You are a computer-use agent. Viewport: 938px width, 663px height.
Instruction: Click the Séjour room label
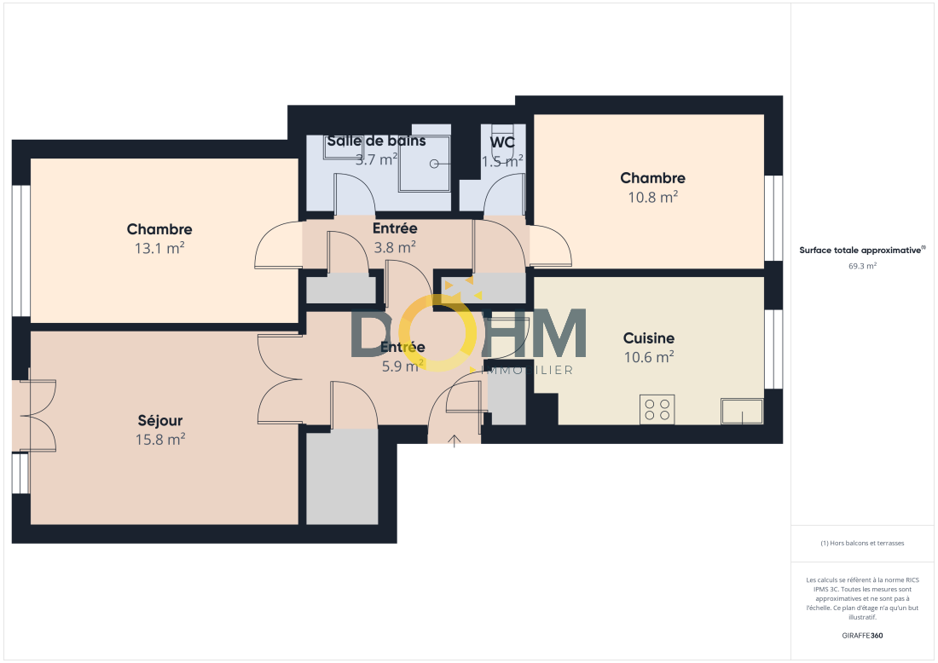159,421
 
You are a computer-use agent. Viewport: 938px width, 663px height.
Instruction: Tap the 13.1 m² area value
159,248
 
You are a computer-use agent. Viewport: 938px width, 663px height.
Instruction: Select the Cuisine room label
649,338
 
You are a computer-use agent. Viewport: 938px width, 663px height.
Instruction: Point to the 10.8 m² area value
652,197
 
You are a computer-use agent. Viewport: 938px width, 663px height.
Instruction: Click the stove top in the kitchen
657,410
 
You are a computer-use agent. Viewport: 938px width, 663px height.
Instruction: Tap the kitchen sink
742,412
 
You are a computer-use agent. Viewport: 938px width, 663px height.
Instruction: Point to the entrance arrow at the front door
455,441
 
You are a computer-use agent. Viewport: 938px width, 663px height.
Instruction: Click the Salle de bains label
376,141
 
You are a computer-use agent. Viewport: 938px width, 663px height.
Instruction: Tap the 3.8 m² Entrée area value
395,247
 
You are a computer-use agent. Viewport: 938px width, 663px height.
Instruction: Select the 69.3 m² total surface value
862,266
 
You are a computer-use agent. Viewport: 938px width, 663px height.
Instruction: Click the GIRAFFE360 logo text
862,636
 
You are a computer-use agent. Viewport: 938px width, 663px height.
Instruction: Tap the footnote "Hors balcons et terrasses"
862,543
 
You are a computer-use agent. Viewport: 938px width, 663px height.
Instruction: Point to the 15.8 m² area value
160,440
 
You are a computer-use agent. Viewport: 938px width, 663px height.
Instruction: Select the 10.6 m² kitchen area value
649,357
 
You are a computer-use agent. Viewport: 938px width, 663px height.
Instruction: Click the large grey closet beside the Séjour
342,477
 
